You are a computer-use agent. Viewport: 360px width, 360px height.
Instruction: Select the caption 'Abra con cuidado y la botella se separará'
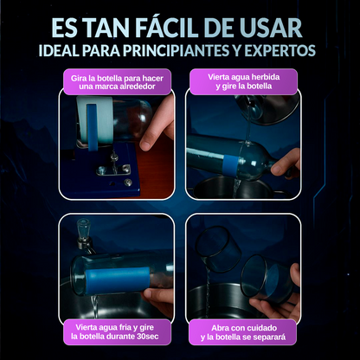click(242, 332)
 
